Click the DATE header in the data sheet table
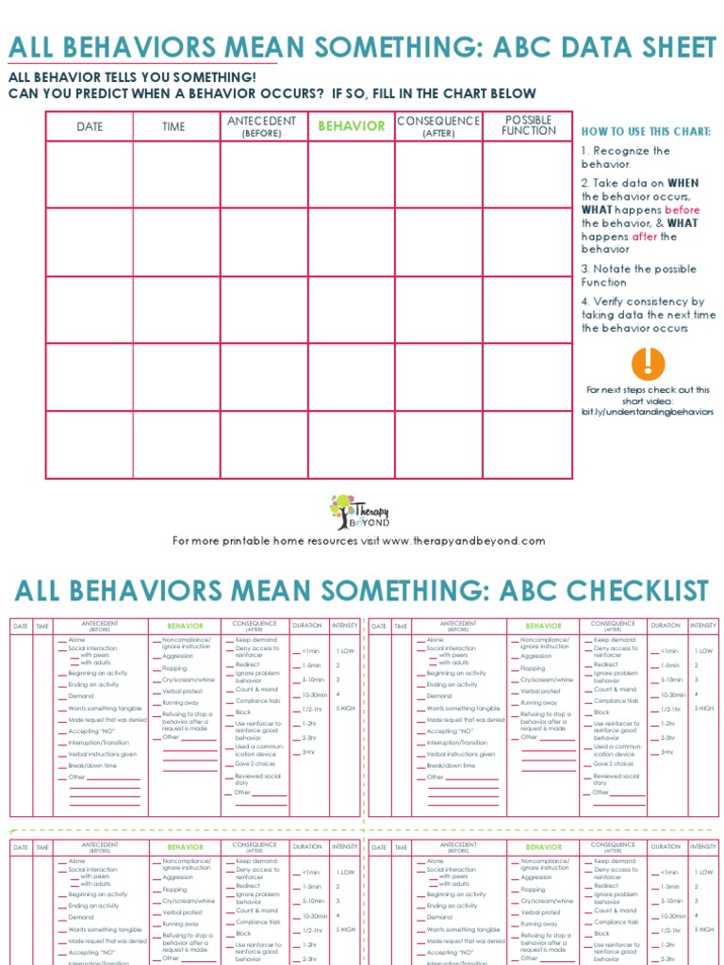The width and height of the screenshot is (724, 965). pyautogui.click(x=90, y=126)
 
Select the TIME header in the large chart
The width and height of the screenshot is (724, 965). pyautogui.click(x=173, y=126)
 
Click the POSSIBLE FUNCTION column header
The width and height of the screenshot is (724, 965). pyautogui.click(x=529, y=125)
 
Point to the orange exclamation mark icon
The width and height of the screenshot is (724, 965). pyautogui.click(x=648, y=364)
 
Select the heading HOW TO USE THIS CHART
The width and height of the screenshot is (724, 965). pyautogui.click(x=646, y=132)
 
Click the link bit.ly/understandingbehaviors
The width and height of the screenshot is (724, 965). pyautogui.click(x=648, y=412)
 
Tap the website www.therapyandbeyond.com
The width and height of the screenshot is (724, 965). pyautogui.click(x=464, y=541)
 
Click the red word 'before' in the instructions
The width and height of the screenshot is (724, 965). pyautogui.click(x=683, y=210)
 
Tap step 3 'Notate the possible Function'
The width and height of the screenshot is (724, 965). pyautogui.click(x=638, y=275)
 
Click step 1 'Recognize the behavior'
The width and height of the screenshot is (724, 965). pyautogui.click(x=626, y=157)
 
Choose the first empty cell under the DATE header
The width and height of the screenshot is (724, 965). pyautogui.click(x=90, y=174)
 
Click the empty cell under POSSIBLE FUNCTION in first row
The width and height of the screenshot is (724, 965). pyautogui.click(x=529, y=174)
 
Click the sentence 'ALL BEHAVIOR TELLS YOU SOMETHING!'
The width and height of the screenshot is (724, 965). pyautogui.click(x=132, y=77)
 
